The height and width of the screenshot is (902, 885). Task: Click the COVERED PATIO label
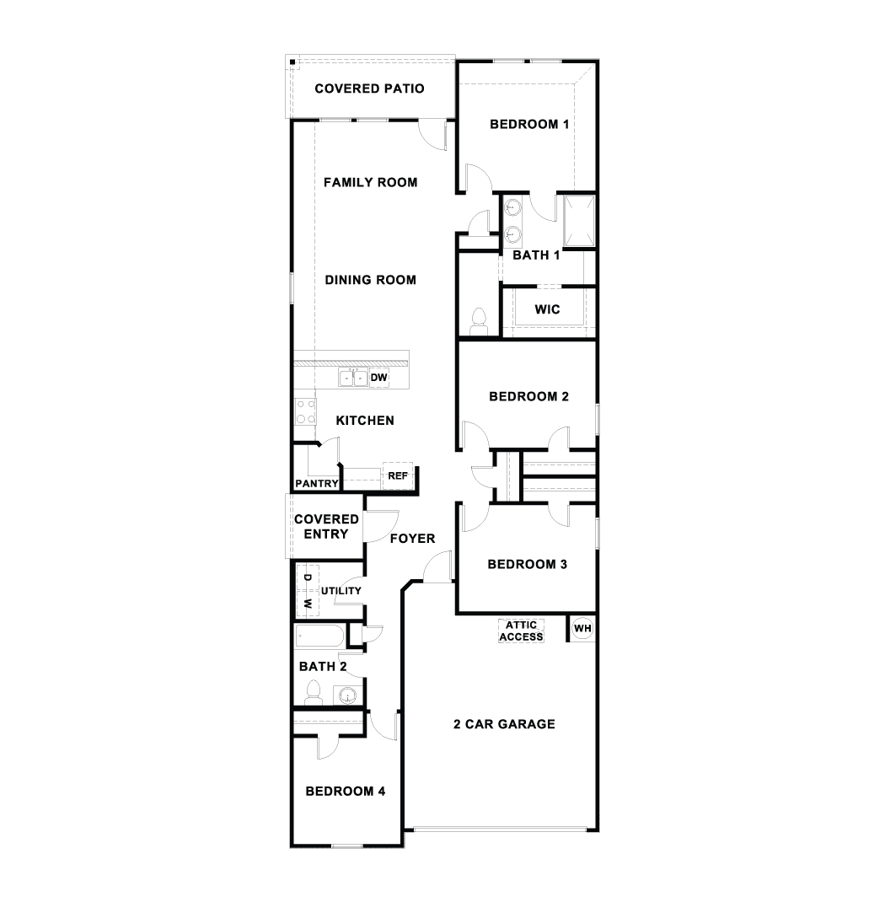pos(369,89)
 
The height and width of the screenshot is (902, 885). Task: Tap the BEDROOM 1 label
pos(529,124)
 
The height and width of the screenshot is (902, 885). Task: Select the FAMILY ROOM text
pos(370,182)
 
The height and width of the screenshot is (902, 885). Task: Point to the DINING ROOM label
pos(370,280)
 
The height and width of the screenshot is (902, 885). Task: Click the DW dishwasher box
pos(379,378)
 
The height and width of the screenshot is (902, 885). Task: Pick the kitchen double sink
pos(353,378)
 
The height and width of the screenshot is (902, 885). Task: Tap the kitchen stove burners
pos(305,412)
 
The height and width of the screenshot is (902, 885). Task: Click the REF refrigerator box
pos(398,475)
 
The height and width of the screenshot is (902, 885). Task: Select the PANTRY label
pos(316,483)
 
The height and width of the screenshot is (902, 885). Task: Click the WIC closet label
pos(547,309)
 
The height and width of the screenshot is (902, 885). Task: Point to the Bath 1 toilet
pos(479,321)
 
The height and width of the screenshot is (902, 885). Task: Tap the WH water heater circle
pos(582,628)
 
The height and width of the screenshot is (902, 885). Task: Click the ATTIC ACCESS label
pos(521,631)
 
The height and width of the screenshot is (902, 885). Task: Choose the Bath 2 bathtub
pos(320,636)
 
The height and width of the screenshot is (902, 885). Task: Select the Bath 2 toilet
pos(314,692)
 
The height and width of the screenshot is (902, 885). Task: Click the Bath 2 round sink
pos(348,696)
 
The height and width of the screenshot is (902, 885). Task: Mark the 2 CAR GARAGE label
pos(504,724)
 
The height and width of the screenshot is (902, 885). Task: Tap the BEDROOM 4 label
pos(345,792)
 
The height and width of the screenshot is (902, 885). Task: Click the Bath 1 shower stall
pos(578,221)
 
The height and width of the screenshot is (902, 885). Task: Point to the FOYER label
pos(412,539)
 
